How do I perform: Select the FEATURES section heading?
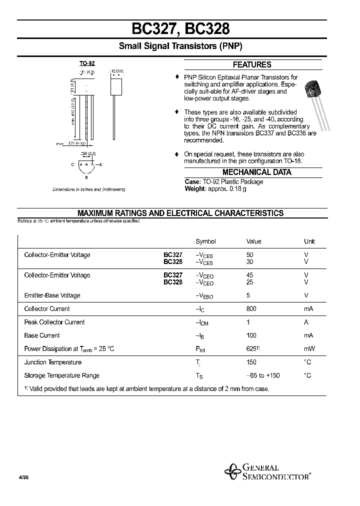coord(252,64)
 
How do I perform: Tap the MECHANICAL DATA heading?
coord(256,172)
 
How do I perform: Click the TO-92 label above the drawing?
coord(87,63)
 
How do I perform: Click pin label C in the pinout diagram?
coord(72,164)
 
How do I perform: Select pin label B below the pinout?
coord(86,177)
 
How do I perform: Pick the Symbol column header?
coord(205,241)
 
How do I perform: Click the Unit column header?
coord(309,241)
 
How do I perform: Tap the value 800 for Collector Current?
coord(252,309)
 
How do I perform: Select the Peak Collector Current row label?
coord(54,322)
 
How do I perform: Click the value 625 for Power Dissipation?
coord(252,349)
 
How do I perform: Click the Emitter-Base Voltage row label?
coord(52,295)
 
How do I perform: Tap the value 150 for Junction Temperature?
coord(251,362)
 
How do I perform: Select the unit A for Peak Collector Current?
coord(306,322)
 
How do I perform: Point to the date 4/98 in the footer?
coord(23,478)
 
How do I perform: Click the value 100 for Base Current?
coord(251,335)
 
